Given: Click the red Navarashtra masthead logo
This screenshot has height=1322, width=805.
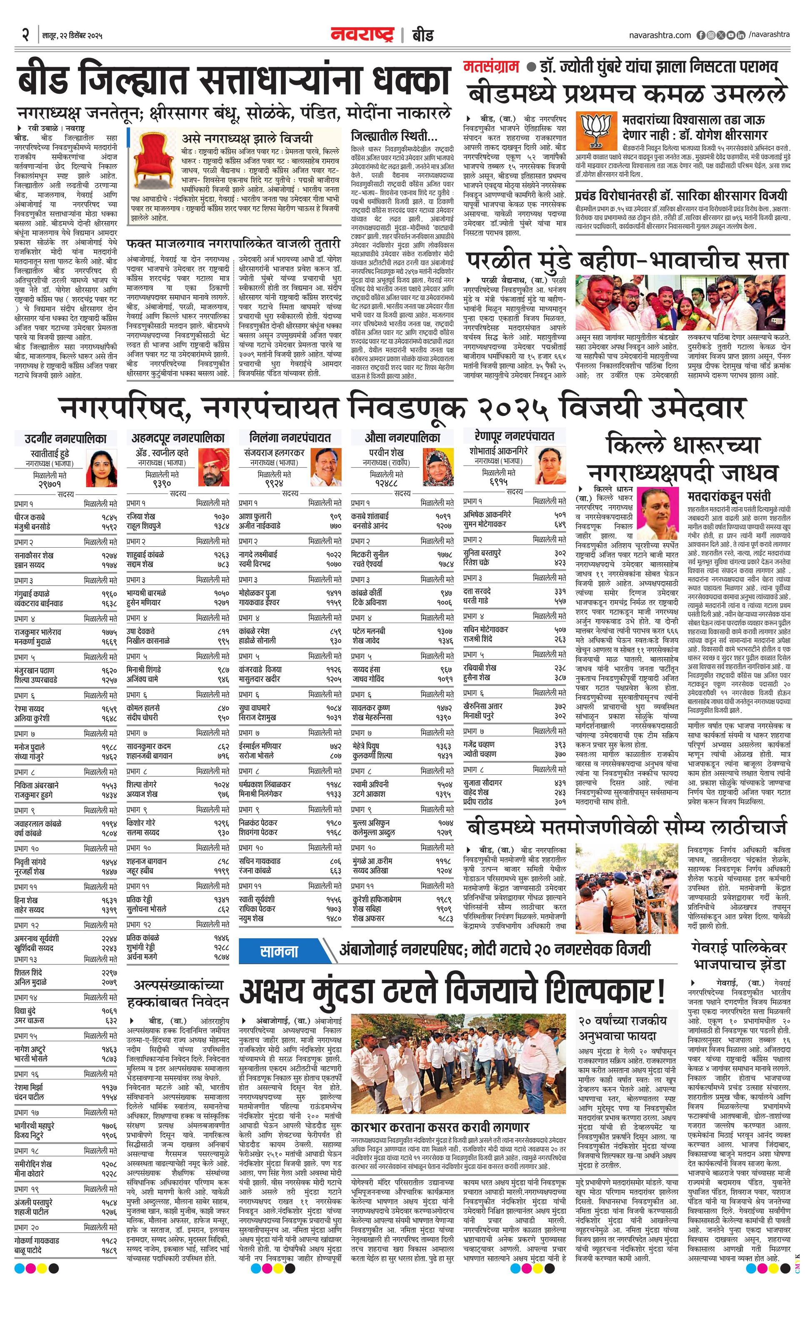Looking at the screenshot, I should (x=362, y=35).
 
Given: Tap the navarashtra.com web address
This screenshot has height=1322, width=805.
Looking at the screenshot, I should (x=660, y=35).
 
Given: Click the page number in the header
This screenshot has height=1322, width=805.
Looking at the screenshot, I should (x=24, y=35).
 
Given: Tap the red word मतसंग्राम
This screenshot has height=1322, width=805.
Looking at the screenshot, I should (x=491, y=67).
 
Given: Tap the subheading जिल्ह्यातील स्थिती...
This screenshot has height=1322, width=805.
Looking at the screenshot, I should (x=394, y=136).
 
